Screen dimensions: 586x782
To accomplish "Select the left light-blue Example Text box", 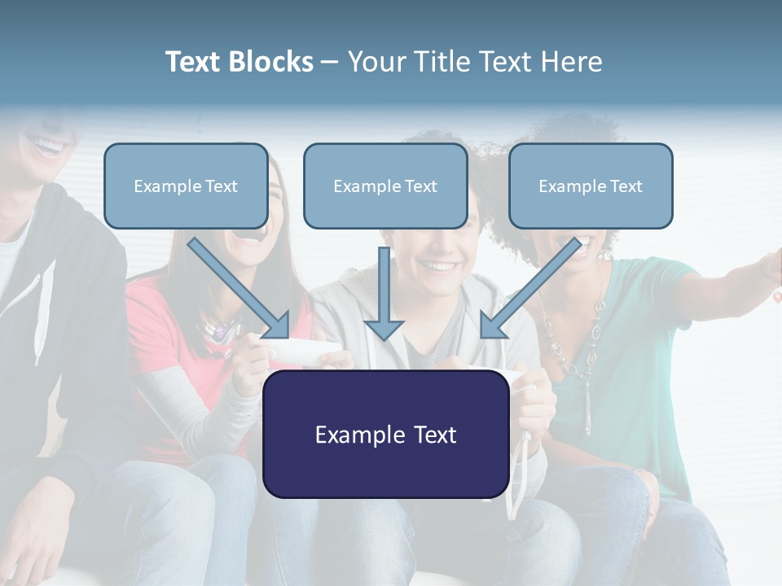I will point(186,186).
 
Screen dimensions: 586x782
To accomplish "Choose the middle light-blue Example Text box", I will point(385,186).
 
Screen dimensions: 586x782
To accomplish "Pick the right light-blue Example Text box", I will point(591,186).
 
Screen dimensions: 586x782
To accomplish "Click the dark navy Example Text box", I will point(385,434).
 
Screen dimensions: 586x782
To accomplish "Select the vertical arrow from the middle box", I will point(384,293).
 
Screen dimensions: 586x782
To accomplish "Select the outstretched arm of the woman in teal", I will point(725,281).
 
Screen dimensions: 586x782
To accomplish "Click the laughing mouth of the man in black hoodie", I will point(46,146).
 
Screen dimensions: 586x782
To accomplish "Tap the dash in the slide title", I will point(330,63).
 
